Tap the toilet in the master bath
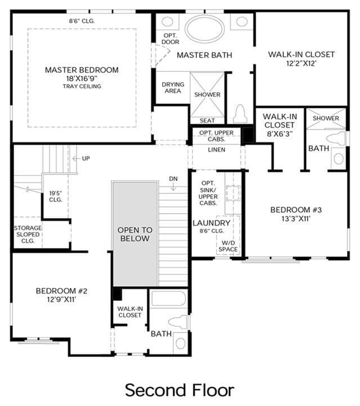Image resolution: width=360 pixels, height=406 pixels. click(x=240, y=114)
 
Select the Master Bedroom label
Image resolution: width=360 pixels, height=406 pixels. click(x=82, y=70)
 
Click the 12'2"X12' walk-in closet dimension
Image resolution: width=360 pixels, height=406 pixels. click(x=301, y=64)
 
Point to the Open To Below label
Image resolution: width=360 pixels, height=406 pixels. click(x=135, y=234)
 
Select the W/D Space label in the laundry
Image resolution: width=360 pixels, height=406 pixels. click(x=228, y=246)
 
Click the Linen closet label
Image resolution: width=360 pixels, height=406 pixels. click(x=217, y=150)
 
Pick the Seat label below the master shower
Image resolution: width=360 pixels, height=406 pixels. click(x=207, y=121)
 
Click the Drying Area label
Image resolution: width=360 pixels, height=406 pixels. click(x=173, y=88)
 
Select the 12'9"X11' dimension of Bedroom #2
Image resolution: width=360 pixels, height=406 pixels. click(x=61, y=300)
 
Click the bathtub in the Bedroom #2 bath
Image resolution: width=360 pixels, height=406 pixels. click(x=169, y=299)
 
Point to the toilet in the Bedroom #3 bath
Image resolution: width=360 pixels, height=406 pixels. click(x=336, y=138)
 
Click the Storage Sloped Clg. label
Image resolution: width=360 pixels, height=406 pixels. click(x=28, y=234)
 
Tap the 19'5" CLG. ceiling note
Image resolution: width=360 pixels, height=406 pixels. click(x=56, y=196)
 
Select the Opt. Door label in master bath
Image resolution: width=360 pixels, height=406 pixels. click(x=170, y=39)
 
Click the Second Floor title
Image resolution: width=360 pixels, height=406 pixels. click(x=180, y=390)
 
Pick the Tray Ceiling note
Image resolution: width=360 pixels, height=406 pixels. click(x=82, y=86)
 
